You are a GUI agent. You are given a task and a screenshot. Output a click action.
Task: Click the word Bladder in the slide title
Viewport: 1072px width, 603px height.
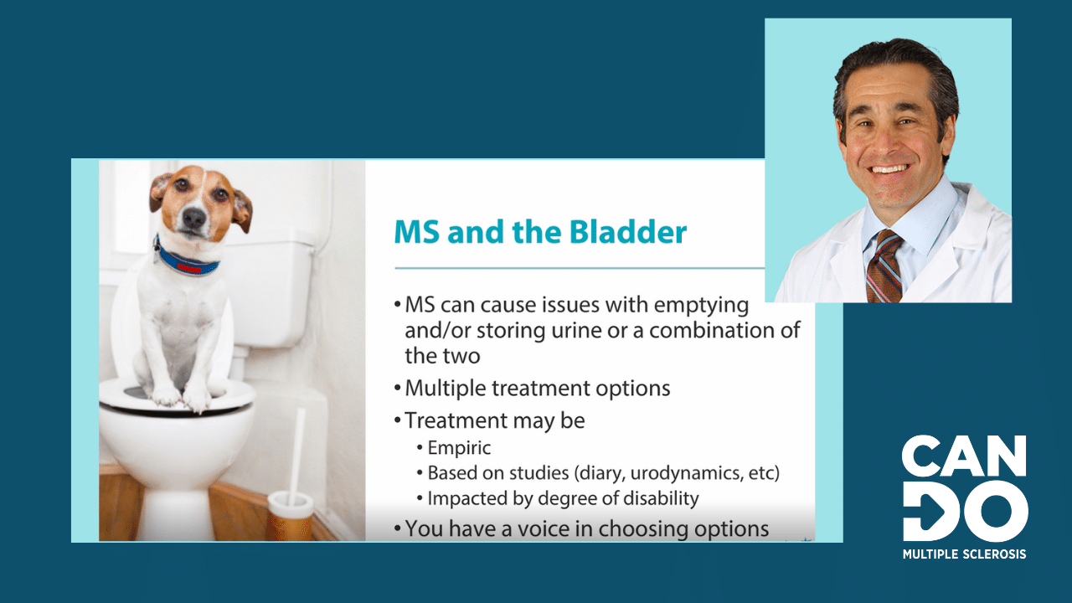(x=628, y=232)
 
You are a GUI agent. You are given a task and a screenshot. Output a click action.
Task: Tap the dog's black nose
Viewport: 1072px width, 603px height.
(x=194, y=219)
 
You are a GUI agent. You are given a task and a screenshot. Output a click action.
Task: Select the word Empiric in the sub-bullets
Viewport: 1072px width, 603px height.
(x=459, y=448)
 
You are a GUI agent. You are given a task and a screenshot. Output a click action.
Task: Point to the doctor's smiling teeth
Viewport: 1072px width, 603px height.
(x=889, y=169)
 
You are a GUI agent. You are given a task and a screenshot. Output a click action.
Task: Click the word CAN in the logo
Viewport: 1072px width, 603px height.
(x=964, y=456)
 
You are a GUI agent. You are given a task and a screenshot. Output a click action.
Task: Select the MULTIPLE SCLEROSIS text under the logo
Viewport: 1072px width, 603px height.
(x=964, y=554)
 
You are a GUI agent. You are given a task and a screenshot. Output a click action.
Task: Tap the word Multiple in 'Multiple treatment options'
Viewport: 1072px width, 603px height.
(x=445, y=389)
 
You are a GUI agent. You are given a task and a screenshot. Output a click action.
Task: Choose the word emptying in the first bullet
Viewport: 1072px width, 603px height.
(x=701, y=306)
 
